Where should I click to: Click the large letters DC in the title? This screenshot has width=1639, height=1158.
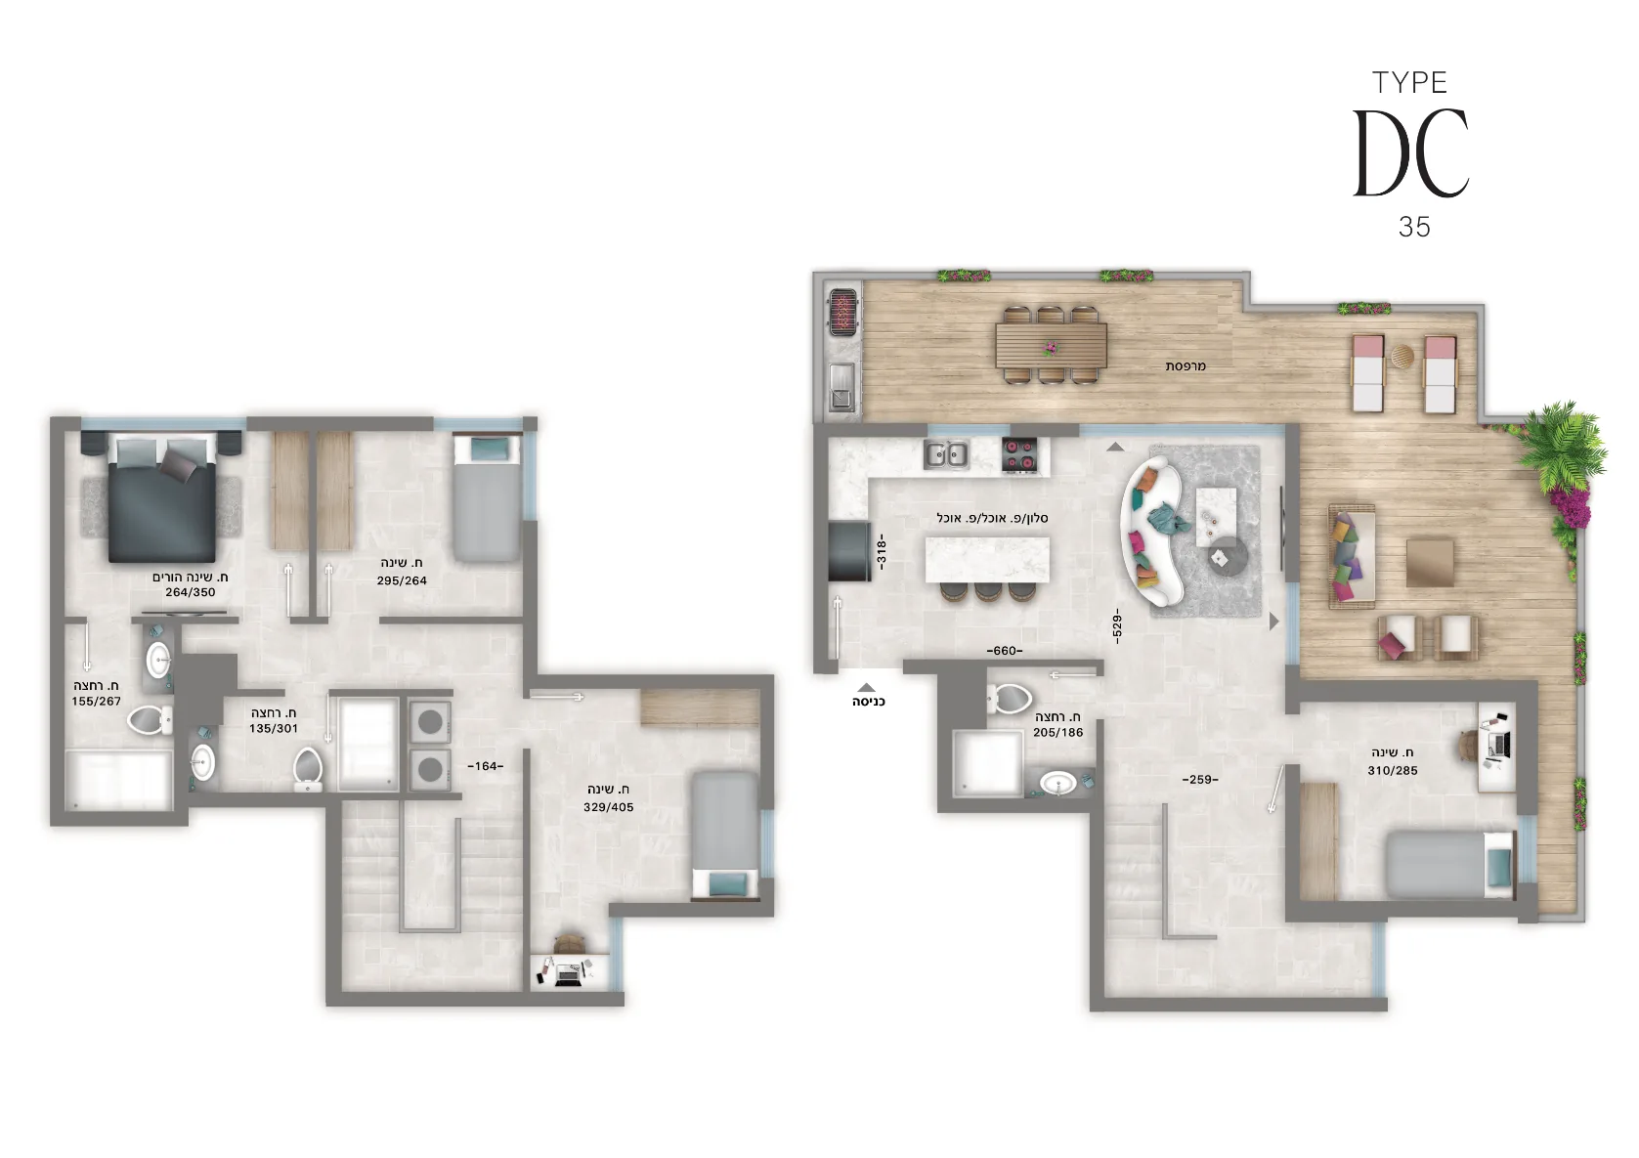tap(1410, 152)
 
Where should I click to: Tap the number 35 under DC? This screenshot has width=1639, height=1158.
tap(1414, 227)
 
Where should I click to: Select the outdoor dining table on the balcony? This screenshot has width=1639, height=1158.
tap(1051, 345)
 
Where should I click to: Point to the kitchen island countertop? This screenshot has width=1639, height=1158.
tap(987, 560)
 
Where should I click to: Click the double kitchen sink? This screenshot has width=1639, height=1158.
tap(946, 454)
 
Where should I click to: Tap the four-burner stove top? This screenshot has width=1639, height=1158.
tap(1019, 453)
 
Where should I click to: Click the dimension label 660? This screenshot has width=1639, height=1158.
tap(1005, 650)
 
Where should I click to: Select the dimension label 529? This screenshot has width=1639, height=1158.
tap(1116, 625)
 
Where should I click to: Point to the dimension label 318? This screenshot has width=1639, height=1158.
tap(881, 551)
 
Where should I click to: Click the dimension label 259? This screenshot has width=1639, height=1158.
tap(1201, 780)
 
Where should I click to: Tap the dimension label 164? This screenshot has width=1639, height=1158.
tap(486, 766)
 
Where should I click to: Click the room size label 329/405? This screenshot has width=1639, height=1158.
tap(608, 807)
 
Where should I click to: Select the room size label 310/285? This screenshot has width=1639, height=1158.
tap(1393, 770)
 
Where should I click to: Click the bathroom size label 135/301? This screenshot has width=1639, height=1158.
tap(273, 728)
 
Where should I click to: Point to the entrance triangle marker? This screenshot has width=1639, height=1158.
tap(866, 687)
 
